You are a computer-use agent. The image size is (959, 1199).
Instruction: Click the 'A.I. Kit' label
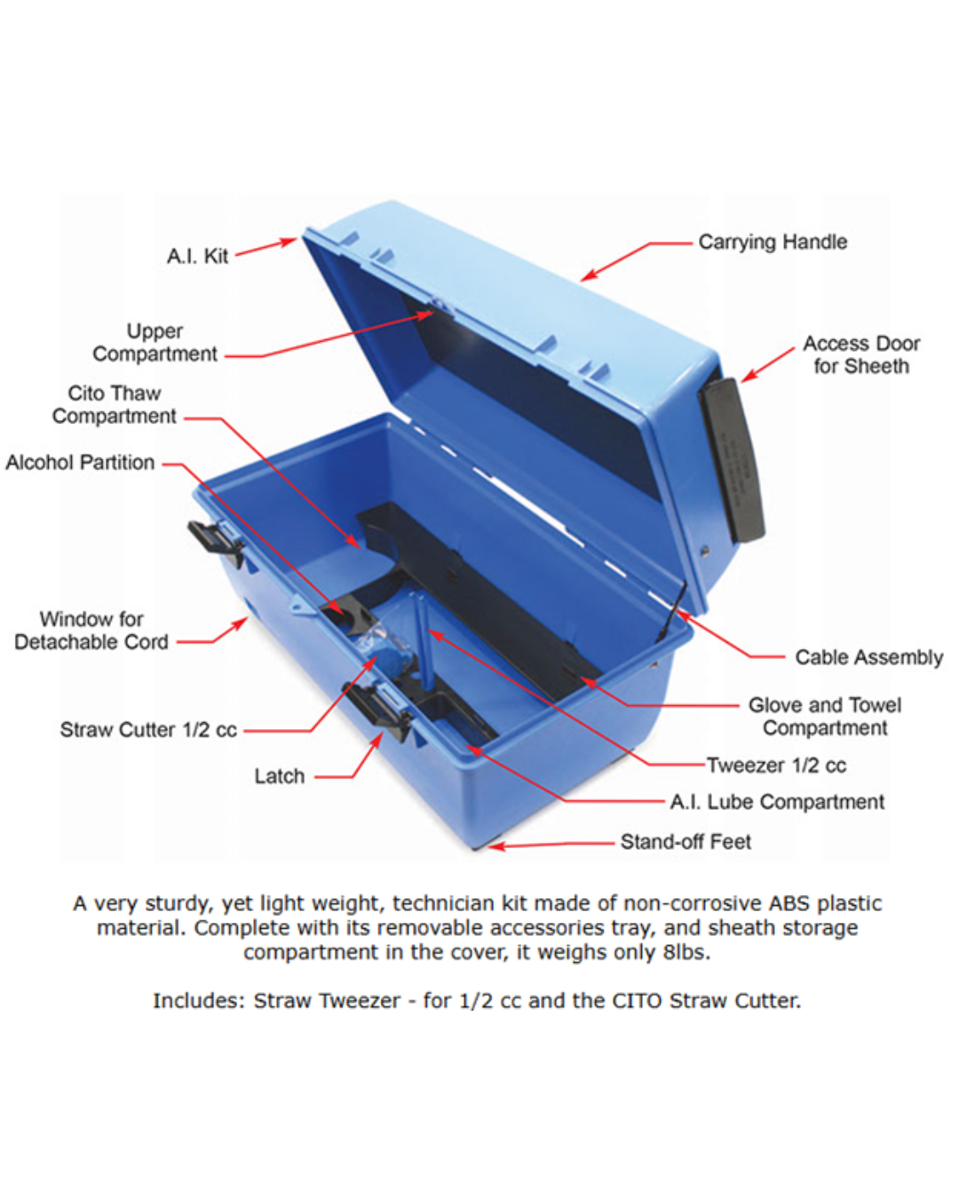click(197, 257)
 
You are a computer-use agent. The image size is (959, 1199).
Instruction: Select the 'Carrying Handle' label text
click(772, 242)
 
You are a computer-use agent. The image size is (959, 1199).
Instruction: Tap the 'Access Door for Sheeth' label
click(860, 354)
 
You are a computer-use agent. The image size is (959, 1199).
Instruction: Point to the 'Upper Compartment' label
click(155, 343)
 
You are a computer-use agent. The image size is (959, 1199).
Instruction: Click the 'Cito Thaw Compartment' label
click(114, 405)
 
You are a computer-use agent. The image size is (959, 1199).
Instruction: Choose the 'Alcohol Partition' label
click(80, 463)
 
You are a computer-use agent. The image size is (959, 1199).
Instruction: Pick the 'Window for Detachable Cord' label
click(91, 631)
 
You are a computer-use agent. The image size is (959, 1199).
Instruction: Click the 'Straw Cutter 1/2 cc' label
click(148, 730)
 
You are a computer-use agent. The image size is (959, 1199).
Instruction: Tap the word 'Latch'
click(279, 776)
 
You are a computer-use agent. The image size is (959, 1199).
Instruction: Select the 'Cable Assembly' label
click(868, 657)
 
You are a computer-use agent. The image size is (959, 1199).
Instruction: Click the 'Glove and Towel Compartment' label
click(824, 717)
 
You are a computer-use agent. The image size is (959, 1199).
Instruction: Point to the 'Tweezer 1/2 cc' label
click(776, 766)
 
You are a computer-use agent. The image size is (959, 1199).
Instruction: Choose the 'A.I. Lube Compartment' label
click(777, 802)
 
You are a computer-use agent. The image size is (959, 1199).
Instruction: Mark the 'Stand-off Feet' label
click(686, 842)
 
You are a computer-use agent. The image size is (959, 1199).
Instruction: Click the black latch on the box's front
click(378, 709)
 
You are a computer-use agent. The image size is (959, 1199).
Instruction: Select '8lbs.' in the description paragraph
click(686, 953)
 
